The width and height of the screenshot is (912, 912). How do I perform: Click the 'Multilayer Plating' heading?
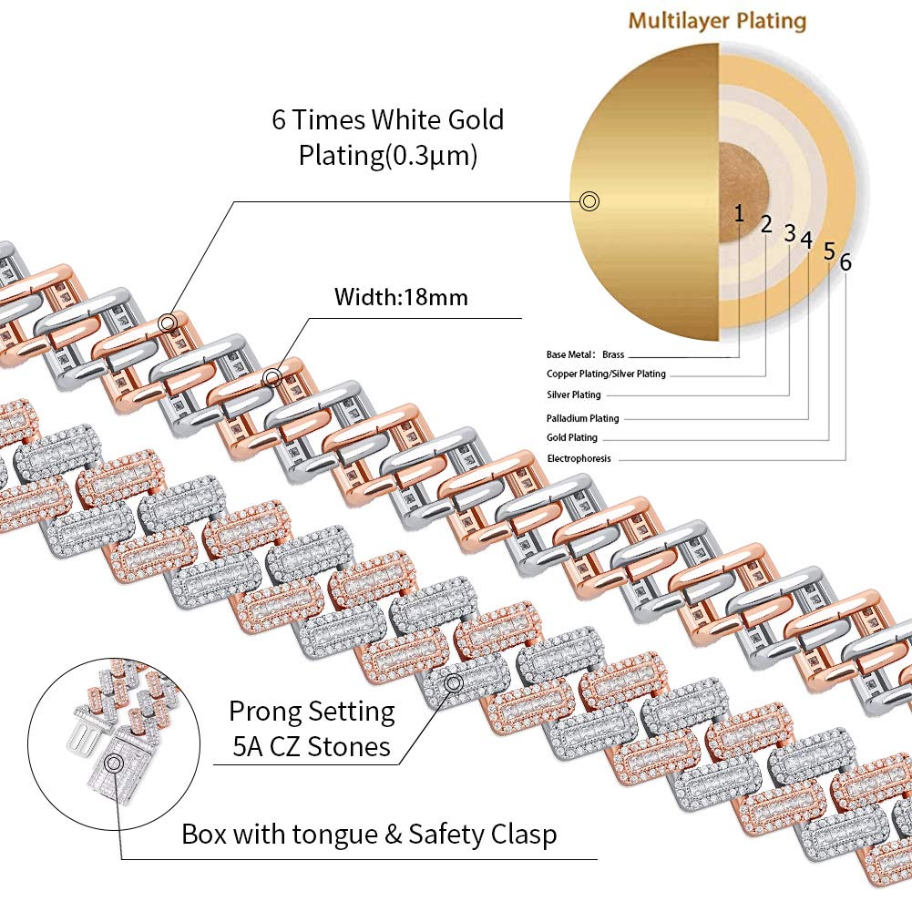[x=717, y=19]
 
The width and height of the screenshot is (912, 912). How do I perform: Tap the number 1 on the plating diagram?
[x=739, y=213]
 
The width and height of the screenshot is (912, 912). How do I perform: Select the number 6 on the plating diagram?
[x=845, y=262]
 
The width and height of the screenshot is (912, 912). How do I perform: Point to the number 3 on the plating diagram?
[x=790, y=232]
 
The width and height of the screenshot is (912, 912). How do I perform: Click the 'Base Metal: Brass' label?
[x=585, y=355]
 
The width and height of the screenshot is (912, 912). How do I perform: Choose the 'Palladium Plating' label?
[x=582, y=418]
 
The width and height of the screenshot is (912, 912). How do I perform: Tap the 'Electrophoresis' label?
[x=579, y=458]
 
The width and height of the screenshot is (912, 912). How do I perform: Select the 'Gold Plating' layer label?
[x=571, y=438]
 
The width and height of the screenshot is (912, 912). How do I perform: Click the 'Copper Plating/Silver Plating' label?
[x=606, y=374]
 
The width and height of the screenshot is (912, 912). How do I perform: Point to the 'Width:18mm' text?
[x=401, y=296]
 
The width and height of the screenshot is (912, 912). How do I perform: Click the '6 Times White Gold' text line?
[x=387, y=120]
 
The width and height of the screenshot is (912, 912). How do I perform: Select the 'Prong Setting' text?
[x=312, y=711]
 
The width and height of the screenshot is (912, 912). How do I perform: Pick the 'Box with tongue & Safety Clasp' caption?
[x=369, y=834]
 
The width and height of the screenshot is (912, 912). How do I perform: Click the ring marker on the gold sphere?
[x=589, y=201]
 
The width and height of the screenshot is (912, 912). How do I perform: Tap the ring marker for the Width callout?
[x=271, y=377]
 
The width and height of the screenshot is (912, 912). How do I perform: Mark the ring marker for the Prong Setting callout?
[x=453, y=682]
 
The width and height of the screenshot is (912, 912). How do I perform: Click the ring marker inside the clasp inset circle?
[x=114, y=764]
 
